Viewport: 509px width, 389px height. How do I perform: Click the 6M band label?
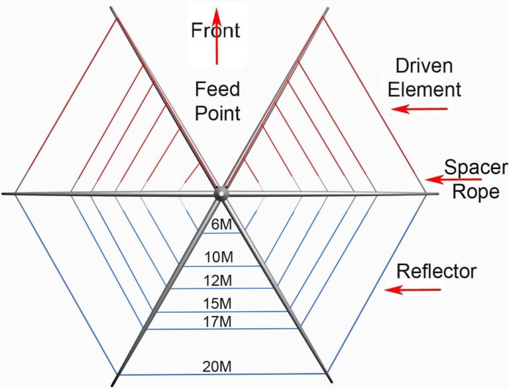point(221,225)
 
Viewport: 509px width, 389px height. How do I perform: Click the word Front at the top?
point(215,30)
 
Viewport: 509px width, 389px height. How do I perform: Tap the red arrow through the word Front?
point(216,53)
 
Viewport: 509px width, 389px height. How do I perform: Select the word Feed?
point(217,89)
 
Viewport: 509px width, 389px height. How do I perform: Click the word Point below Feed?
point(217,113)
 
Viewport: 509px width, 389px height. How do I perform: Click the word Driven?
point(424,66)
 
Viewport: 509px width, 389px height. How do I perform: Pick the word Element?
point(424,89)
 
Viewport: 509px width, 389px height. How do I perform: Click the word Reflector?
point(436,271)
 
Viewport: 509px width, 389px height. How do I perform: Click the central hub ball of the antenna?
point(221,193)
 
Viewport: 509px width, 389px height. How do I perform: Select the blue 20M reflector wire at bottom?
point(166,374)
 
